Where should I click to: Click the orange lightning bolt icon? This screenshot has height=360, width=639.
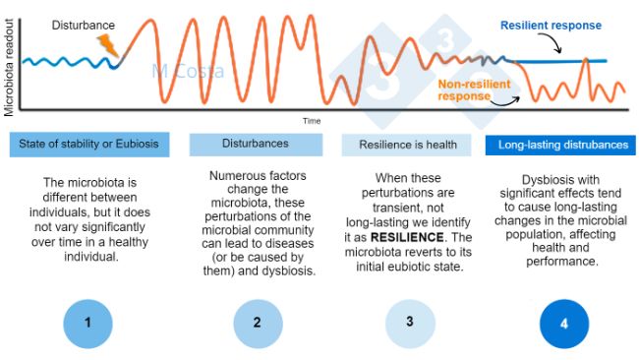click(107, 44)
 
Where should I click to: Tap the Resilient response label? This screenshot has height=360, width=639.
click(551, 26)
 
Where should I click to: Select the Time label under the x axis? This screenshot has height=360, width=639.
click(312, 120)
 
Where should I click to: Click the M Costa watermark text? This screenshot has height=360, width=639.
click(188, 71)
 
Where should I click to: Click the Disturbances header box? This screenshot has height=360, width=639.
click(255, 144)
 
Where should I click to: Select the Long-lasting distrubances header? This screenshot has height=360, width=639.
click(562, 145)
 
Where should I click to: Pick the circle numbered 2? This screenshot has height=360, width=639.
click(256, 321)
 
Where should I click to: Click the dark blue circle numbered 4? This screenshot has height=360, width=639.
click(562, 321)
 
